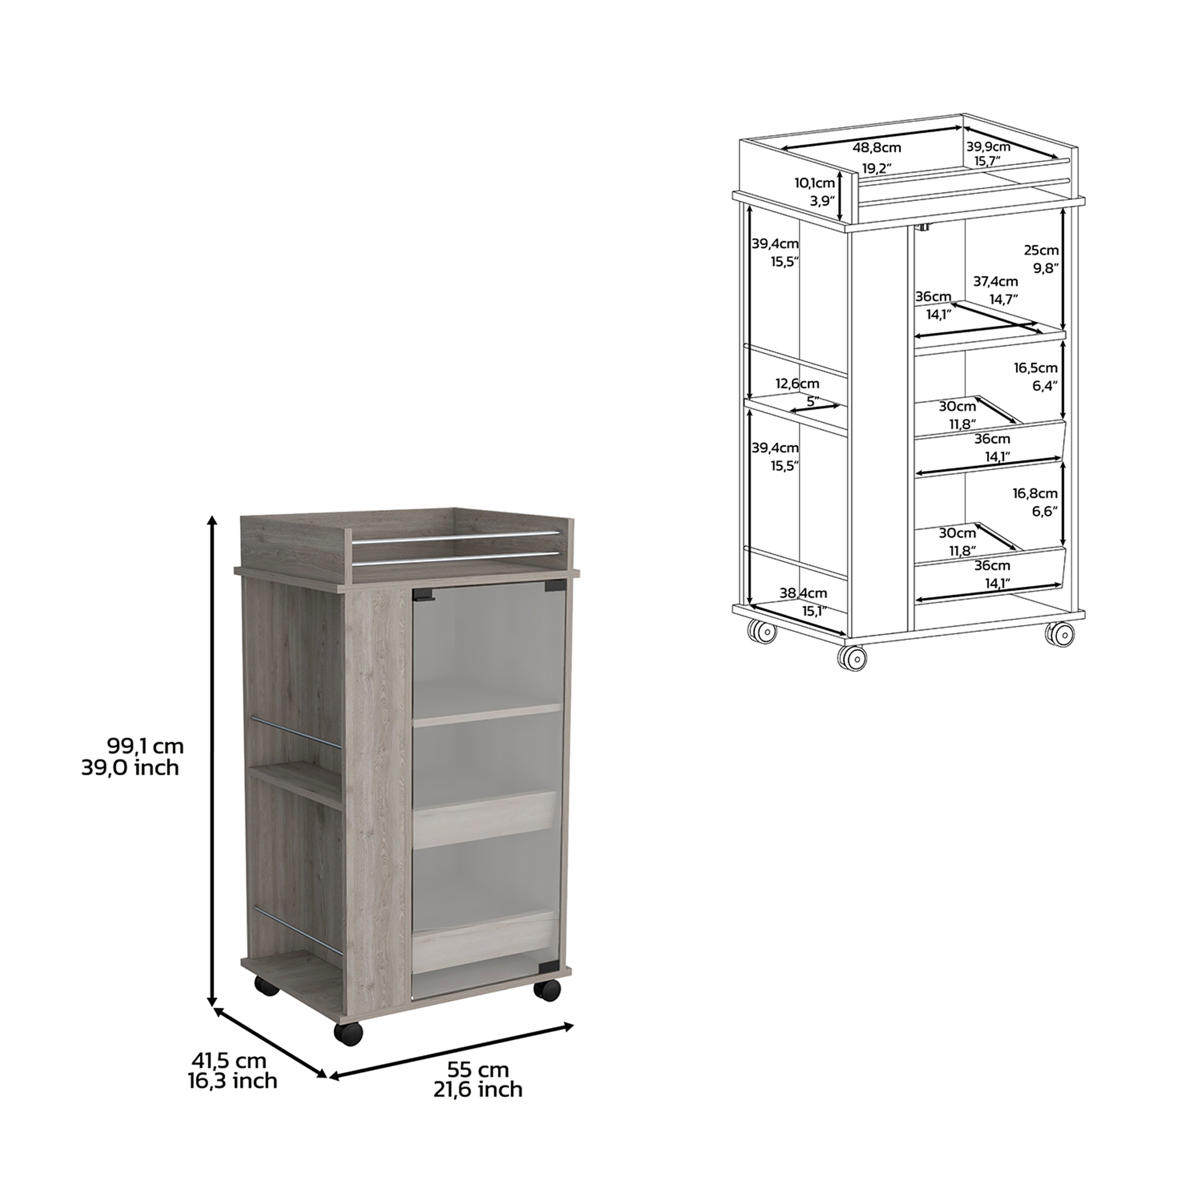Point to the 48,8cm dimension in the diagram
[876, 148]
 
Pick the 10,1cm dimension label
[814, 183]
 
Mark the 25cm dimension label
[1041, 251]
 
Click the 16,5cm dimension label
[1036, 368]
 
